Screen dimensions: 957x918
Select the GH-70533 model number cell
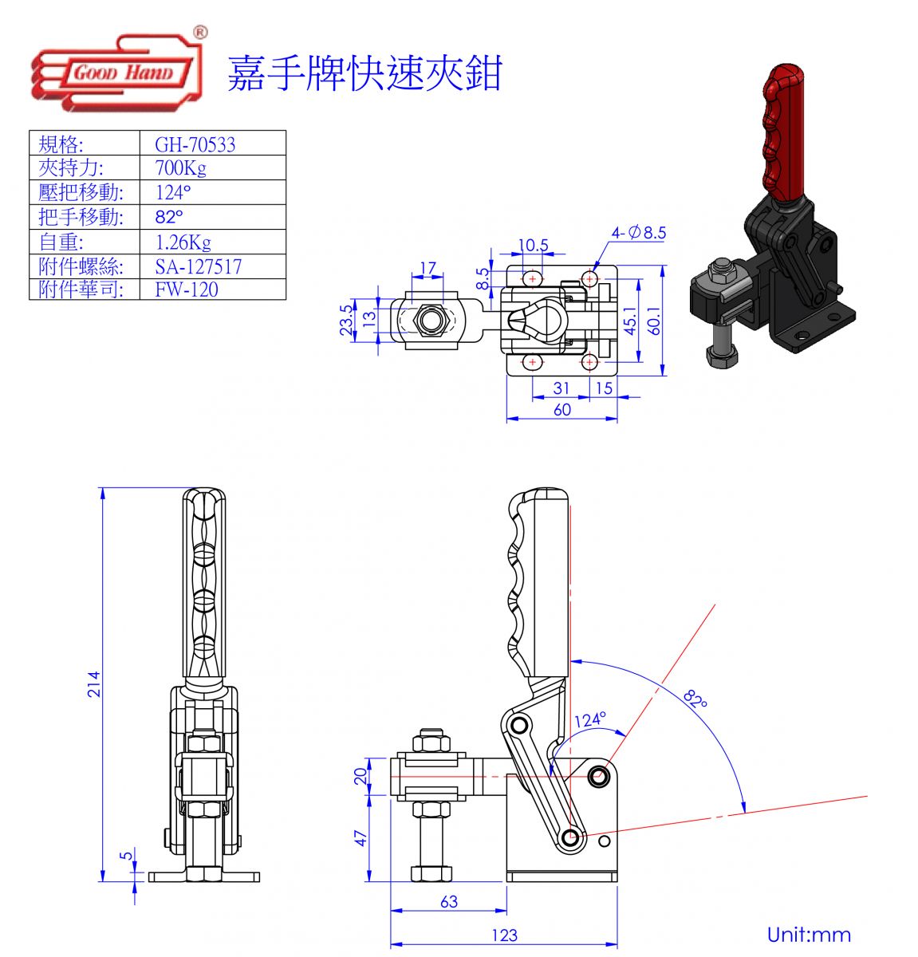[x=195, y=144]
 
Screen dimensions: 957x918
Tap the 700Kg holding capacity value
[x=181, y=167]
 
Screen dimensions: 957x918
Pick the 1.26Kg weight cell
[x=183, y=242]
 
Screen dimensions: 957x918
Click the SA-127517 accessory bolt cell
[x=198, y=266]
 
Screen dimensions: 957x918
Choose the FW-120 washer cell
[x=187, y=289]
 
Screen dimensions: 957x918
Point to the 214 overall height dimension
[x=94, y=683]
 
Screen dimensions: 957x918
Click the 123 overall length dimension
[x=504, y=935]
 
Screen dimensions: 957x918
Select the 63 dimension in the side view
[x=449, y=901]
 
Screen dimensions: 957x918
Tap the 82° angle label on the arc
[x=695, y=699]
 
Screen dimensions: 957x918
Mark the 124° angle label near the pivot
[x=589, y=719]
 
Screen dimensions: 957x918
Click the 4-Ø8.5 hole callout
[x=638, y=233]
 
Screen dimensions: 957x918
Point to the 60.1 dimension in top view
[x=654, y=321]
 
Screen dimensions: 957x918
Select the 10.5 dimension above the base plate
[x=533, y=245]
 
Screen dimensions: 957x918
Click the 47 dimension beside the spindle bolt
[x=361, y=838]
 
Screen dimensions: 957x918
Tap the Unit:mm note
[x=809, y=935]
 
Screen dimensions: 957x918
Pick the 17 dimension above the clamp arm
[x=428, y=268]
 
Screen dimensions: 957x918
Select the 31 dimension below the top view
[x=561, y=388]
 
